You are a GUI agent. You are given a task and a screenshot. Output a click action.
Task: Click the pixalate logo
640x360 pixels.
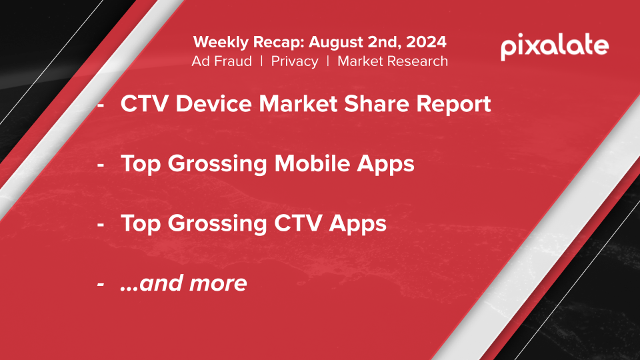click(x=555, y=47)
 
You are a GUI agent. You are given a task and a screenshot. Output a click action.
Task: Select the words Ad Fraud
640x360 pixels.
click(x=221, y=61)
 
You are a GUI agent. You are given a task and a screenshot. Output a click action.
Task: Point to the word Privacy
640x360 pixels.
click(x=295, y=61)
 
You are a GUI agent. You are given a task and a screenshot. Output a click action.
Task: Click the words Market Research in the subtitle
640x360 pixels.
click(x=393, y=61)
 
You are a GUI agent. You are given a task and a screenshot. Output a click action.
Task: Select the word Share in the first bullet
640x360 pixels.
click(x=376, y=103)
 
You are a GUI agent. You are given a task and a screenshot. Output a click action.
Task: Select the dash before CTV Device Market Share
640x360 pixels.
click(x=101, y=105)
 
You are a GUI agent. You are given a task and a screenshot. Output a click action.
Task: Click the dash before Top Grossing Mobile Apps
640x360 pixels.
click(x=101, y=165)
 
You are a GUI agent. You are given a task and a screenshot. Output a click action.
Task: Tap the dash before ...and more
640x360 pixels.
click(x=101, y=285)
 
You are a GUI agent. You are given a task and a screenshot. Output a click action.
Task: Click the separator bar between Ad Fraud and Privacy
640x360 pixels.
click(x=261, y=61)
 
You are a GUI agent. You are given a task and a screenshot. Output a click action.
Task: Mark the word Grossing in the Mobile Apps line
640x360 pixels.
click(x=217, y=165)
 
